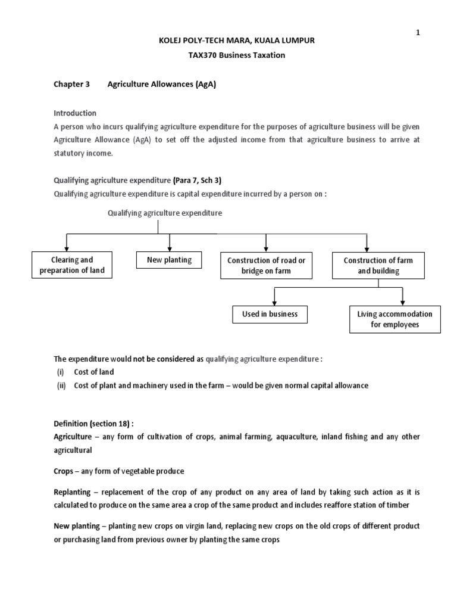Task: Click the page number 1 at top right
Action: [x=418, y=16]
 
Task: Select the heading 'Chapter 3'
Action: [x=71, y=85]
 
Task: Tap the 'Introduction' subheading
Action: [x=75, y=113]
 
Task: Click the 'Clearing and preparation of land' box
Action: [x=72, y=265]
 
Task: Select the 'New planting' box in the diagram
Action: [x=169, y=260]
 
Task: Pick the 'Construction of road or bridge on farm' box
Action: [x=266, y=266]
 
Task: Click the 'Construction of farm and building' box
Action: [x=378, y=266]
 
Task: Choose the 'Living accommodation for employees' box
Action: [x=395, y=319]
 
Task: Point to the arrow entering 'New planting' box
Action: [x=170, y=244]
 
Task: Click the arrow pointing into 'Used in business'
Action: [x=274, y=298]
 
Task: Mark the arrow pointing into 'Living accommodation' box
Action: [x=403, y=298]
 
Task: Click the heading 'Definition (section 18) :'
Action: [x=94, y=424]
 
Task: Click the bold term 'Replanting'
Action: [x=74, y=494]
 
